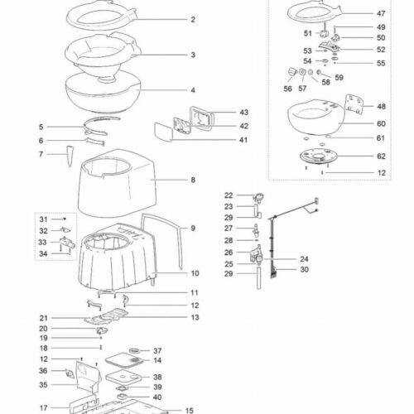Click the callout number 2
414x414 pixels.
tap(192, 19)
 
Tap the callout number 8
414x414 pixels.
tap(192, 180)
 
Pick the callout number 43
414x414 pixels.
tap(220, 112)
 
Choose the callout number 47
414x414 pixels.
tap(381, 14)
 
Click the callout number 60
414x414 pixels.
tap(381, 123)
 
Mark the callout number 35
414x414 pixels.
tap(43, 385)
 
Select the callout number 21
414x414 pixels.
tap(43, 318)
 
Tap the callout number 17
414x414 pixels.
tap(43, 408)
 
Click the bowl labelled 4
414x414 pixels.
tap(108, 93)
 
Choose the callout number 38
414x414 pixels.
tap(157, 377)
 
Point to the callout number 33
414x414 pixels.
tap(43, 243)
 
